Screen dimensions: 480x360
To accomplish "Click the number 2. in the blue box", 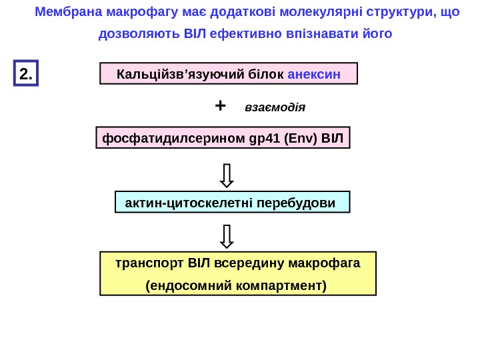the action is [x=27, y=74].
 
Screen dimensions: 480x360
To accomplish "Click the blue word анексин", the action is [x=314, y=73].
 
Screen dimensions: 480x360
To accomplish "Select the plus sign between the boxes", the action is [x=221, y=105].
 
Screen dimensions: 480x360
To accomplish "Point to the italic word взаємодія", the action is [x=275, y=107].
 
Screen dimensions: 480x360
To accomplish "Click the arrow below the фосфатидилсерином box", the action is [x=227, y=175].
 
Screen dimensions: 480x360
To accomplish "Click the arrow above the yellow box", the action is [x=227, y=236].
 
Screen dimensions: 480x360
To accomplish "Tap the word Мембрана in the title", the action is [x=65, y=12].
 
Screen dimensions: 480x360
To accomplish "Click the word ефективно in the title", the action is [x=241, y=33].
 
